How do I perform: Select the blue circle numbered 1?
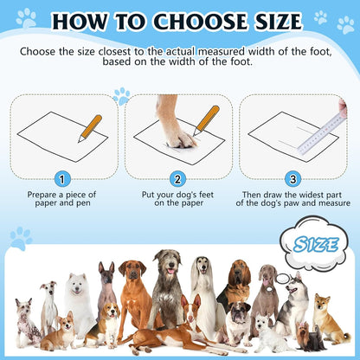[61, 179]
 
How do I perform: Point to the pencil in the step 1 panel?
[89, 128]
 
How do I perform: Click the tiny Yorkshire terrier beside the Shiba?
[307, 337]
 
